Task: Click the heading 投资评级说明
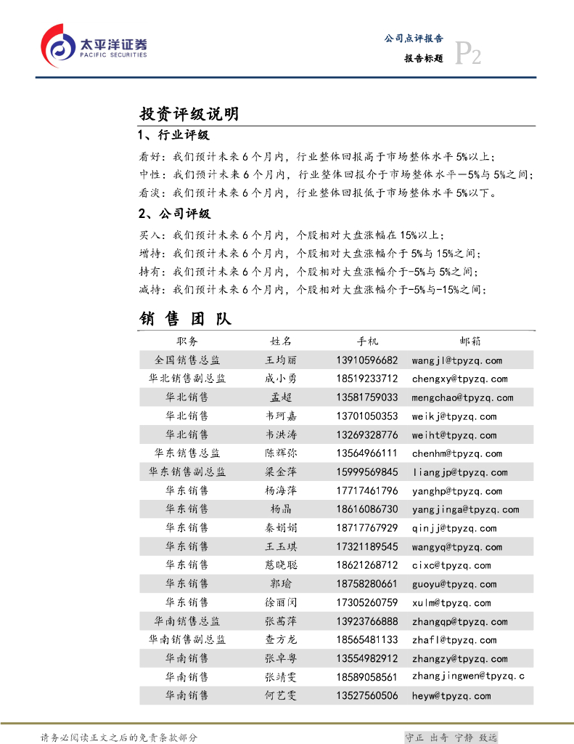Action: pyautogui.click(x=189, y=114)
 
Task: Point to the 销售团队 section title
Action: pyautogui.click(x=185, y=319)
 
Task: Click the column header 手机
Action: pyautogui.click(x=367, y=341)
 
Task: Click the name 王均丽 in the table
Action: pyautogui.click(x=281, y=360)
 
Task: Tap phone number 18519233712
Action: pyautogui.click(x=367, y=379)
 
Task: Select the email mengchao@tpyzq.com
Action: pyautogui.click(x=462, y=397)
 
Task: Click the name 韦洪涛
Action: pyautogui.click(x=281, y=435)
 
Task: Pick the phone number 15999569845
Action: pyautogui.click(x=367, y=472)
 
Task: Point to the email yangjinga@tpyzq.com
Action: pyautogui.click(x=465, y=510)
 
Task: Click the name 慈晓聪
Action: pyautogui.click(x=281, y=565)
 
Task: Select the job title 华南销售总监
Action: pyautogui.click(x=187, y=621)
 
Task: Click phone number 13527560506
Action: pyautogui.click(x=367, y=695)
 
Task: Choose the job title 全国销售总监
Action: pyautogui.click(x=187, y=360)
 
